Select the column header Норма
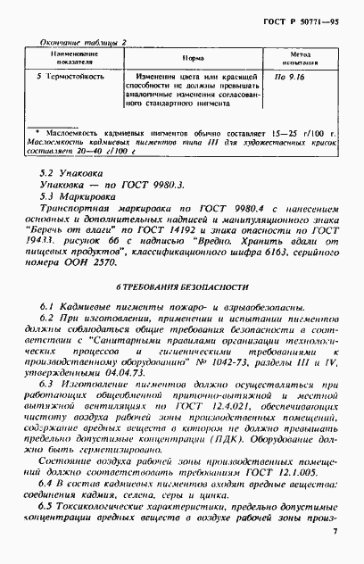point(192,56)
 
